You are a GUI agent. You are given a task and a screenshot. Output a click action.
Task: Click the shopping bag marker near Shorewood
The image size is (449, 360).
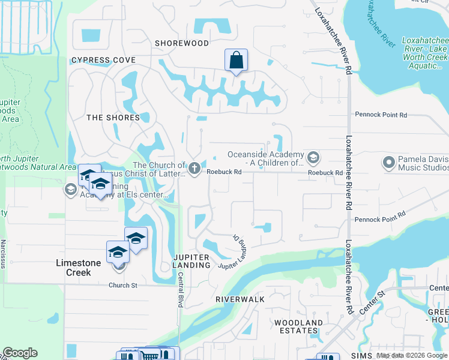click(x=236, y=61)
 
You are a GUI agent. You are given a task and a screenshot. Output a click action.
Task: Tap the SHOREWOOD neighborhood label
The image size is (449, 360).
click(x=182, y=43)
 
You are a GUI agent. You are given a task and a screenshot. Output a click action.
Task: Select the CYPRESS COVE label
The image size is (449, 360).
click(x=103, y=61)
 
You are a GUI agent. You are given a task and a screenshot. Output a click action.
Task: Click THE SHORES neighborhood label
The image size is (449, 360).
click(x=113, y=118)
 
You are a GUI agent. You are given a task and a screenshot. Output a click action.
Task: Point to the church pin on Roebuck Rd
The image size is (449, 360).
click(x=194, y=169)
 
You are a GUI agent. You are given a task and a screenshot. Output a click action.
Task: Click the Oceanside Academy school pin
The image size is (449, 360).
click(x=312, y=158)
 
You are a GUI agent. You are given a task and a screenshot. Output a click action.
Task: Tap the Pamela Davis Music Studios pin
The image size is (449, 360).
click(x=388, y=162)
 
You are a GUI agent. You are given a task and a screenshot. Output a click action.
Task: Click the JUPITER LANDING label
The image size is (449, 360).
click(x=191, y=261)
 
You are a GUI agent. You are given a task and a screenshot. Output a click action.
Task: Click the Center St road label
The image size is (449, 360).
click(x=371, y=305)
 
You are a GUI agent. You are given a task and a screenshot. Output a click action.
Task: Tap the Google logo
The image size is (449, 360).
click(x=20, y=353)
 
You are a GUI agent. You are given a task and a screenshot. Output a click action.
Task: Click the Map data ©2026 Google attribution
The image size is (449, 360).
click(x=411, y=355)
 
